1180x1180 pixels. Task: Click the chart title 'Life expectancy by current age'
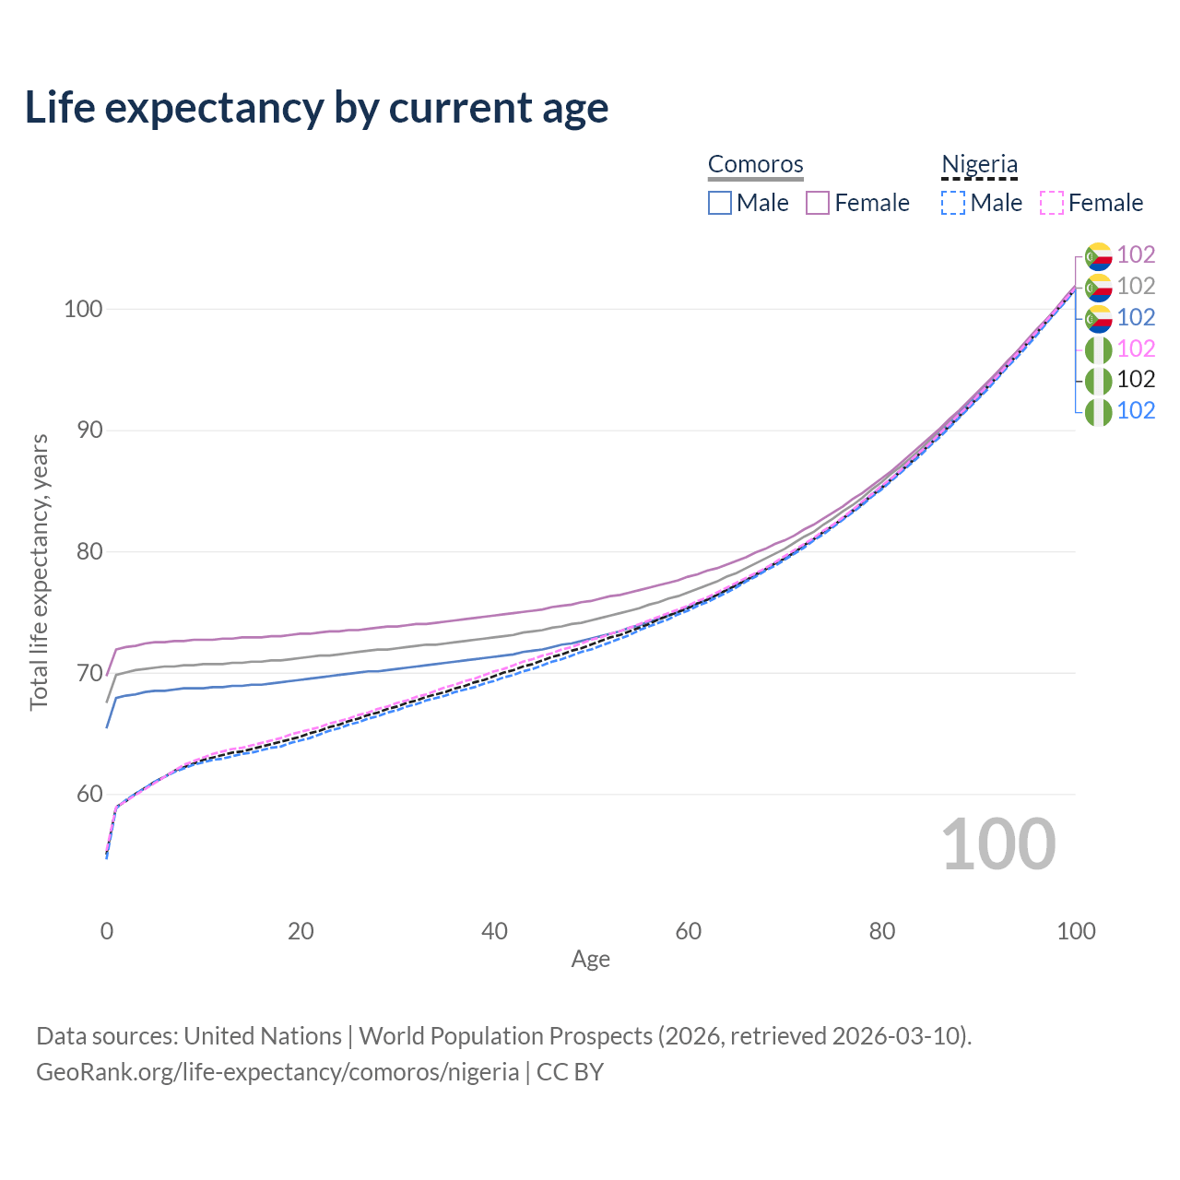(x=316, y=108)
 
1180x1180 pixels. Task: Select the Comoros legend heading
(x=755, y=163)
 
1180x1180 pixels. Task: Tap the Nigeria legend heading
(x=979, y=163)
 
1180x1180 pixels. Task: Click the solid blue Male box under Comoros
(x=719, y=203)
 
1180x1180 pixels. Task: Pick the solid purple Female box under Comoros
(x=817, y=203)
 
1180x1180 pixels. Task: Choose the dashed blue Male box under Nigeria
(x=953, y=203)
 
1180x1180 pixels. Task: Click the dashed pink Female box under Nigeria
(x=1051, y=203)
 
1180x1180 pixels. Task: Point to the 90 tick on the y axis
(x=89, y=430)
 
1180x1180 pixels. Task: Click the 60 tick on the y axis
(x=89, y=794)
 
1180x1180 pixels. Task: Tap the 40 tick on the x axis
(x=494, y=931)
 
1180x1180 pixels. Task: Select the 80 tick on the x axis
(x=882, y=931)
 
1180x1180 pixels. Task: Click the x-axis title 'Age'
(x=590, y=960)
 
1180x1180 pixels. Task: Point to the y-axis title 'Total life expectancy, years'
(x=39, y=572)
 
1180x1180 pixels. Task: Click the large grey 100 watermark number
(x=998, y=844)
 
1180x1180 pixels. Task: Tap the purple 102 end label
(x=1136, y=254)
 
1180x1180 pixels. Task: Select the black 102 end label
(x=1136, y=379)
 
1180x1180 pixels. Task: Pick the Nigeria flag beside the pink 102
(x=1098, y=349)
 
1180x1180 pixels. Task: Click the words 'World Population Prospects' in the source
(x=505, y=1036)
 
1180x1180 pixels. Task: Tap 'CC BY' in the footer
(x=570, y=1072)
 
